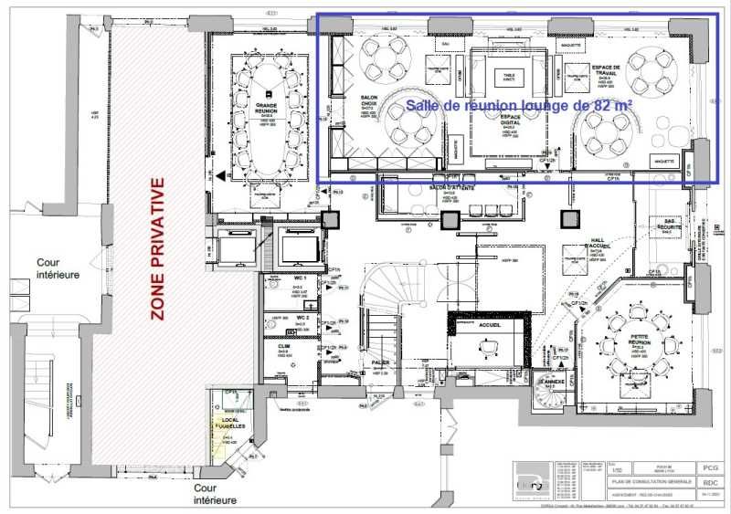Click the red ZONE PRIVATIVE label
(x=157, y=248)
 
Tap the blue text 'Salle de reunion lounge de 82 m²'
(x=520, y=105)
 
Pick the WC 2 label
(x=300, y=318)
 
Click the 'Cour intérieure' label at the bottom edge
(x=216, y=494)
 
